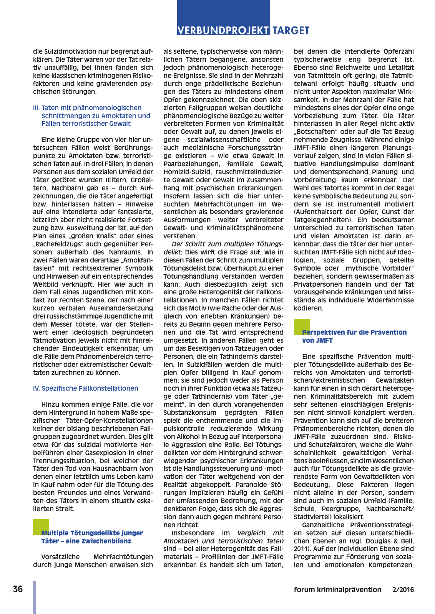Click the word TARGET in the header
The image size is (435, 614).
(x=291, y=31)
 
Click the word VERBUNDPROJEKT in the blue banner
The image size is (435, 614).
(x=223, y=31)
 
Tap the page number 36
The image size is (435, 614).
(x=18, y=589)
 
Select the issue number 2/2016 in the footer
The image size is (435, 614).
(x=403, y=590)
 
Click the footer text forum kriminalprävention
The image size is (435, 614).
(x=337, y=590)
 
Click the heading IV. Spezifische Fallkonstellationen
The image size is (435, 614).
(x=86, y=388)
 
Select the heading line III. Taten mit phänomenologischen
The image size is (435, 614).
(x=87, y=108)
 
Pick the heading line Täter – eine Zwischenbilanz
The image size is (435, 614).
(x=86, y=541)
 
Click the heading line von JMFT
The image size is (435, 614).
(x=317, y=340)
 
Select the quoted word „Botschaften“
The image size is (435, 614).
(x=315, y=132)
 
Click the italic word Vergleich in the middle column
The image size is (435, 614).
(x=251, y=533)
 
